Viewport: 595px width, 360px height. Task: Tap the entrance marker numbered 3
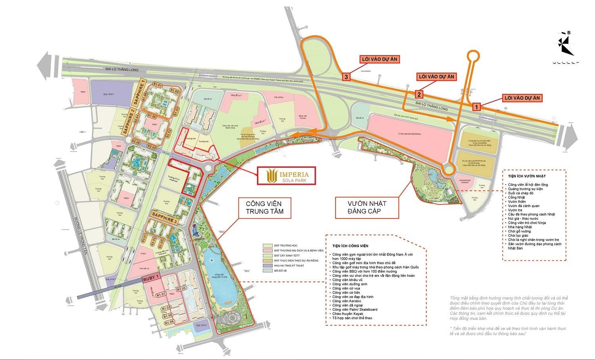point(347,78)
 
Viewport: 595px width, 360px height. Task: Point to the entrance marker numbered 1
point(476,106)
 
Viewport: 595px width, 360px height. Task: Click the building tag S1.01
point(158,86)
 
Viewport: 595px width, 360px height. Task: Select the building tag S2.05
point(136,142)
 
